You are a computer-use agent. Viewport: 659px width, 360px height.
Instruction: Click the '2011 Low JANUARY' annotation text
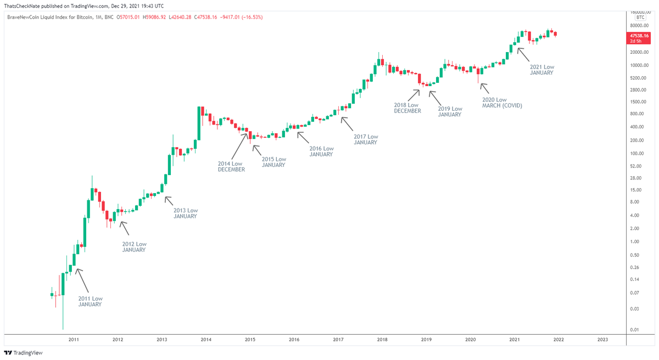pos(90,301)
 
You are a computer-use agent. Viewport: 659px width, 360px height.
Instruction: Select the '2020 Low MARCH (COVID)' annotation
pos(501,102)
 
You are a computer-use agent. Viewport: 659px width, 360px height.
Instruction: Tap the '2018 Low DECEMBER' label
pos(407,108)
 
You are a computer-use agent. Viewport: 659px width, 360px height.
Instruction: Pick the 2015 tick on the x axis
pos(250,340)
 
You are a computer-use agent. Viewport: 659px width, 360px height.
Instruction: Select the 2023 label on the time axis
pos(602,340)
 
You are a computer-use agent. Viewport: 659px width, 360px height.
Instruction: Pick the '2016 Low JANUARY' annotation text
pos(321,151)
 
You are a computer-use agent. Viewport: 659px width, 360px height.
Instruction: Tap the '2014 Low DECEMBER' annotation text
pos(231,166)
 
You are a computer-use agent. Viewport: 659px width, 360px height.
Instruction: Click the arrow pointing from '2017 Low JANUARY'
pos(347,123)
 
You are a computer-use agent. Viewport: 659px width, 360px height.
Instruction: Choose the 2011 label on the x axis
pos(74,340)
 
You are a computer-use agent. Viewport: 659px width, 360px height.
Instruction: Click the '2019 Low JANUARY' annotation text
pos(450,112)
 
